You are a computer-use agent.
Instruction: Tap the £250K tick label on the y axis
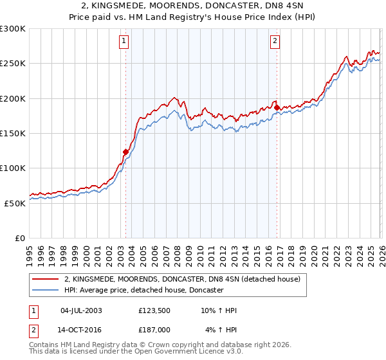13,64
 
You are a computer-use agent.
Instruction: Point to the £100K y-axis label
13,168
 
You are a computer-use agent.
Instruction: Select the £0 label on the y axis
20,238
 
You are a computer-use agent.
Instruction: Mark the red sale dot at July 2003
125,152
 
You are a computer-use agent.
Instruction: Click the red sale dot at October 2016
276,108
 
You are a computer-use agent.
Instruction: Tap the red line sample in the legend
46,280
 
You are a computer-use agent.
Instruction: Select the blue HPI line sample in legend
46,291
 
